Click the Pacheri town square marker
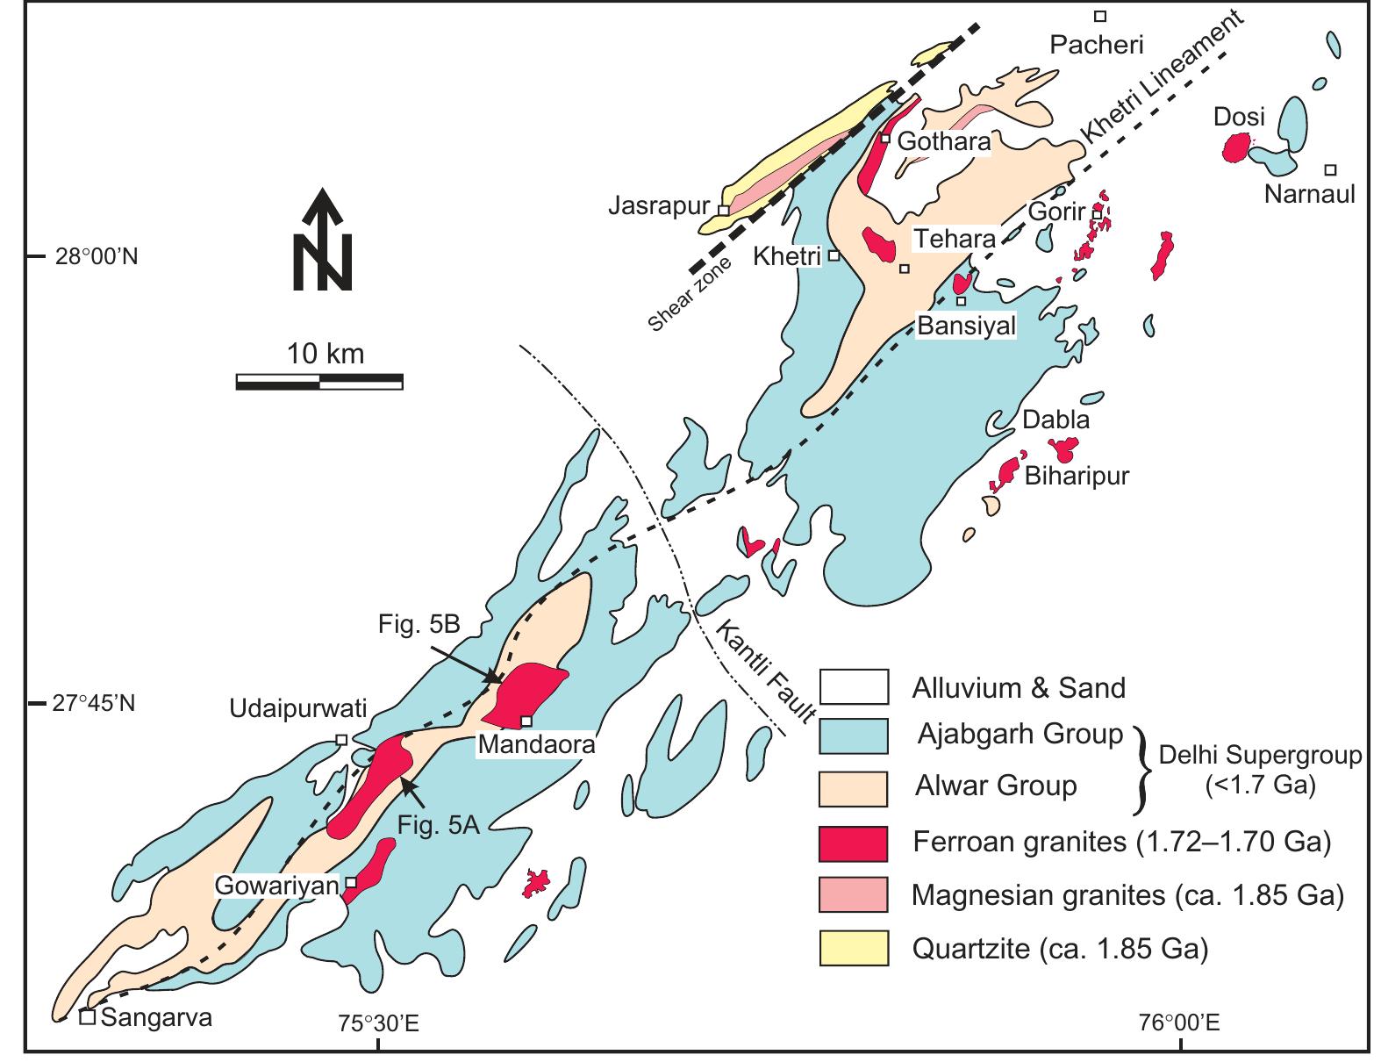[1099, 16]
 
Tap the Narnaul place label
[1309, 194]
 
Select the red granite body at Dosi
[1237, 147]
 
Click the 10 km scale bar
[319, 381]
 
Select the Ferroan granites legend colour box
[854, 843]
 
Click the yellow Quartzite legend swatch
[854, 949]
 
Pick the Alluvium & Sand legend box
[854, 686]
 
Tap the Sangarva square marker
[88, 1017]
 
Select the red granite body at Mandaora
[524, 691]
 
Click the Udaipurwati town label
[298, 708]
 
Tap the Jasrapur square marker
[723, 211]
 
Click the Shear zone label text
[690, 296]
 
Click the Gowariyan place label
[278, 886]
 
